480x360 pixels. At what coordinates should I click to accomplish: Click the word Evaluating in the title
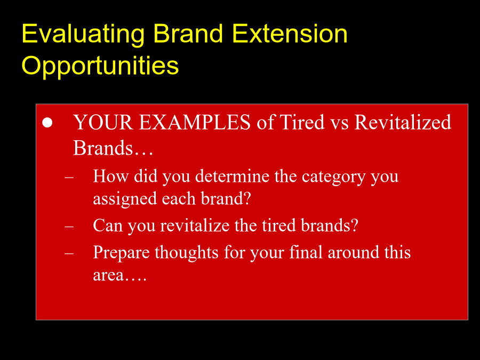[83, 35]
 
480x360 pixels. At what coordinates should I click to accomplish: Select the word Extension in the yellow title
[290, 34]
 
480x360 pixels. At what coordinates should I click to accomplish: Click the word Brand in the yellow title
[188, 34]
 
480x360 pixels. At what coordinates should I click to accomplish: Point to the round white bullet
[47, 123]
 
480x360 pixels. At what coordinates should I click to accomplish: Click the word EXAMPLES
[195, 122]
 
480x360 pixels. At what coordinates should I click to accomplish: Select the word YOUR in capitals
[103, 122]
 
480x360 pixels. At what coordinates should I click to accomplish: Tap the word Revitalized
[403, 122]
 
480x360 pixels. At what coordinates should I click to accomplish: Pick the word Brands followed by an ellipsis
[113, 148]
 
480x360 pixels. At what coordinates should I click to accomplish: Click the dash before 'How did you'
[69, 177]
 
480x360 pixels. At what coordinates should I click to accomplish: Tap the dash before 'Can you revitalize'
[69, 227]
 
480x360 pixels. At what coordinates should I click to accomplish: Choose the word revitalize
[195, 226]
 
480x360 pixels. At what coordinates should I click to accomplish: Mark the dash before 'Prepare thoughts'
[69, 253]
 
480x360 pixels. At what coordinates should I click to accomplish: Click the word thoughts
[187, 253]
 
